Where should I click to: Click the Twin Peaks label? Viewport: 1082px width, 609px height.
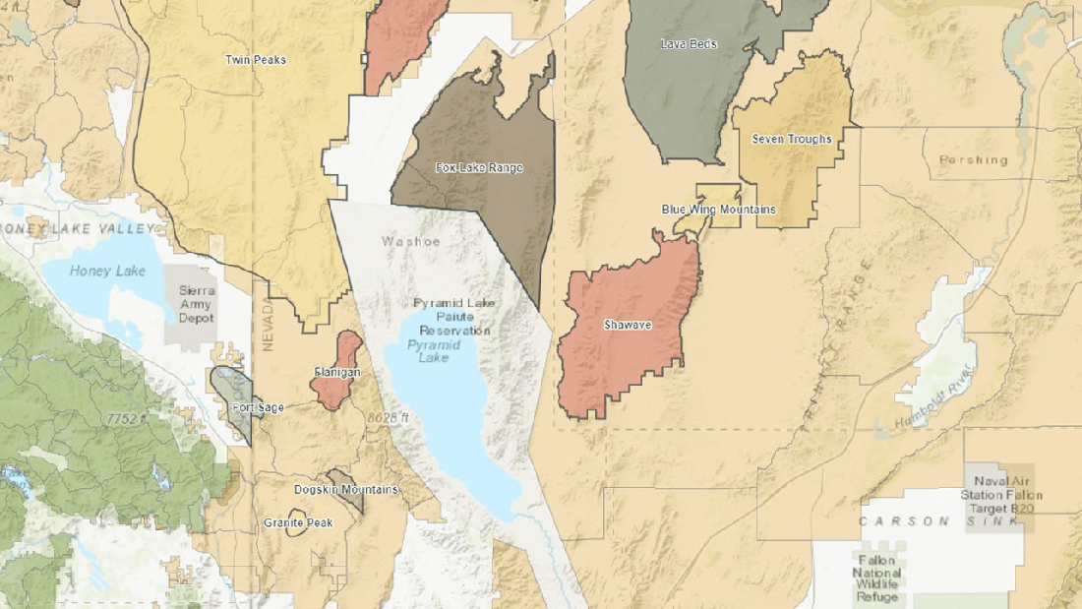point(256,60)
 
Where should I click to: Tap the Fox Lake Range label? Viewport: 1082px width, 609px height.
point(479,168)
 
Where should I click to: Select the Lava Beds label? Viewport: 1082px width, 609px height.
point(689,44)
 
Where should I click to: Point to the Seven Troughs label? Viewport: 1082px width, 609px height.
point(792,139)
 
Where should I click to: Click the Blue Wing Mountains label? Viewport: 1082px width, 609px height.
point(718,210)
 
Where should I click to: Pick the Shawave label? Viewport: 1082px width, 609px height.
point(628,324)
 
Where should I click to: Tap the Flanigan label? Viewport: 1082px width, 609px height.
point(336,373)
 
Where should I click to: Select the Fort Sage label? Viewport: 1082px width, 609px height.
point(257,406)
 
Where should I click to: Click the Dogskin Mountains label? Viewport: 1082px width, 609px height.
point(346,489)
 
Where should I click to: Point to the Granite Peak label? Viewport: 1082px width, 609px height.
point(298,522)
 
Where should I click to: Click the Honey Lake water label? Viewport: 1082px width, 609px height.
point(108,271)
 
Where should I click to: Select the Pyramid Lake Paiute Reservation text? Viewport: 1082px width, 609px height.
point(451,317)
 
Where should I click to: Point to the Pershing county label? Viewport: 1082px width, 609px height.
point(974,159)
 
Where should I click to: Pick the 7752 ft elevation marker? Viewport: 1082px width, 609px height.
point(125,418)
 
